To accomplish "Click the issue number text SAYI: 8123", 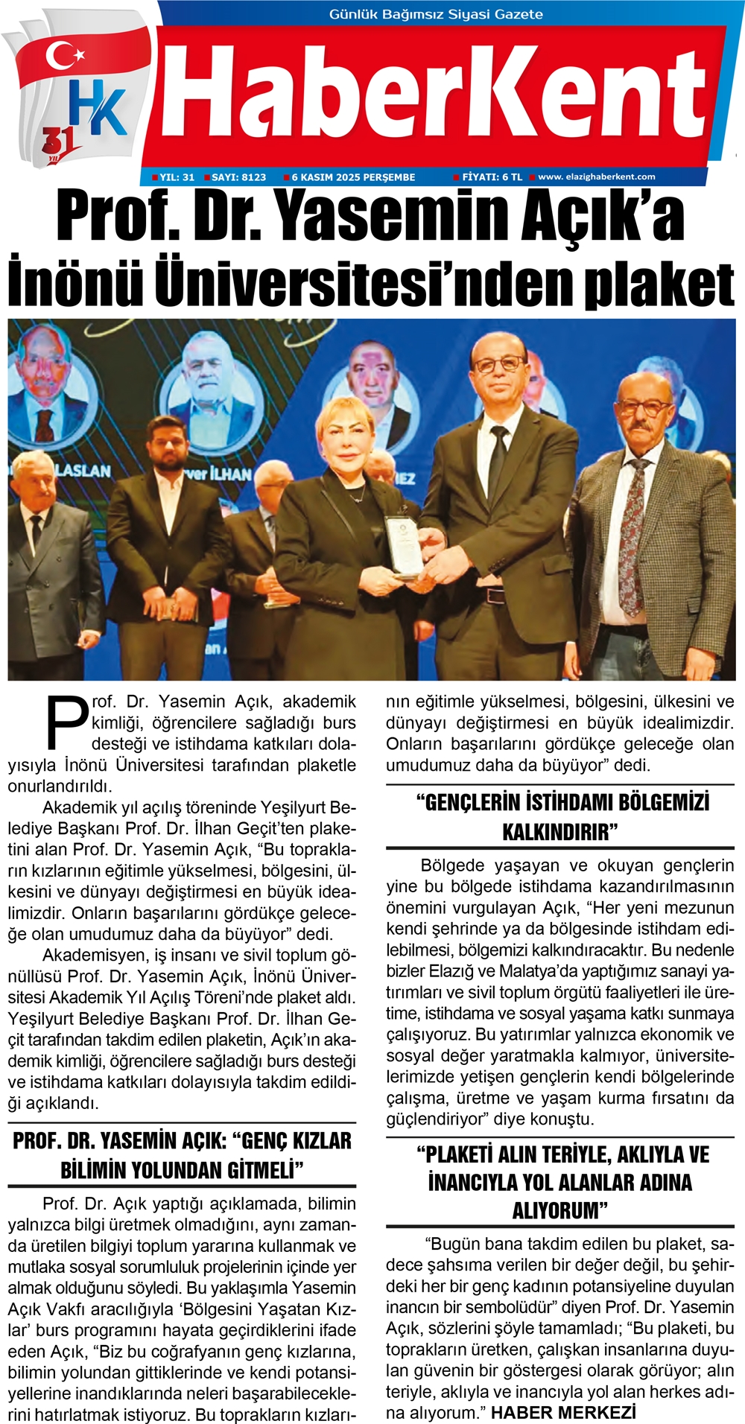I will [238, 177].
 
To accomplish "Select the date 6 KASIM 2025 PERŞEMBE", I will [353, 177].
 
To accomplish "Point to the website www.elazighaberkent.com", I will [596, 177].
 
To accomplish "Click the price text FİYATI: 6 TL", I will [492, 177].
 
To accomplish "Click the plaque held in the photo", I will [402, 546].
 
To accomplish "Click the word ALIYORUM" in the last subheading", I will [560, 1211].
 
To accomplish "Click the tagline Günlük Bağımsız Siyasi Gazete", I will [436, 14].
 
